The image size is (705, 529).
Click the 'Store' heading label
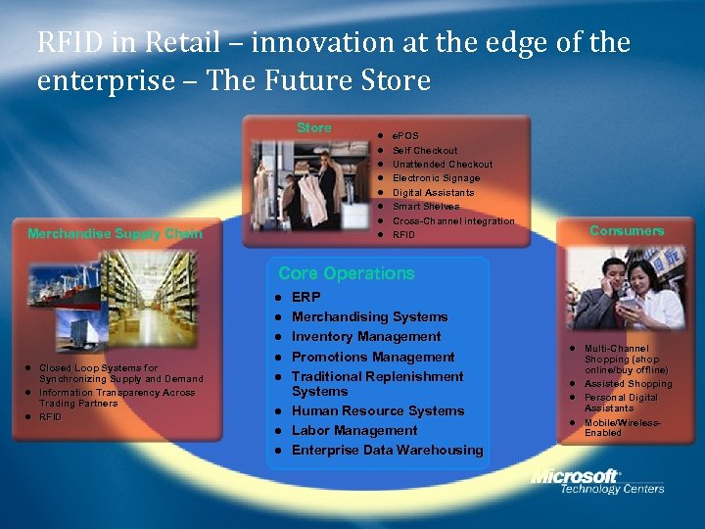click(314, 127)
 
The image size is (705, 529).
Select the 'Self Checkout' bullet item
click(424, 150)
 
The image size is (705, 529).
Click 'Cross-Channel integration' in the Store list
click(452, 220)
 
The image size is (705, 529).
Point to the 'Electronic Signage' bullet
click(436, 178)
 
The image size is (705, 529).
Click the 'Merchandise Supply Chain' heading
click(115, 233)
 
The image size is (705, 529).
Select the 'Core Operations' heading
click(346, 273)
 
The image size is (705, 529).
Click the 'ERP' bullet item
click(305, 296)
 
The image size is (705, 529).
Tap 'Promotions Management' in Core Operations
click(373, 357)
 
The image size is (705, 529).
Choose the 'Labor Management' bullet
click(354, 430)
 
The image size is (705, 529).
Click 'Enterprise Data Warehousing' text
click(387, 450)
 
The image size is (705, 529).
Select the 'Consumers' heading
click(627, 230)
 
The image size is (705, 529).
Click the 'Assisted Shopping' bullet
click(628, 384)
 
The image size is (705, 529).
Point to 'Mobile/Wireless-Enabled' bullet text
click(623, 427)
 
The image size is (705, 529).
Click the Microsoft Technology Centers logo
click(597, 482)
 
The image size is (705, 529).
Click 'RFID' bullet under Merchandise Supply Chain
click(50, 416)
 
